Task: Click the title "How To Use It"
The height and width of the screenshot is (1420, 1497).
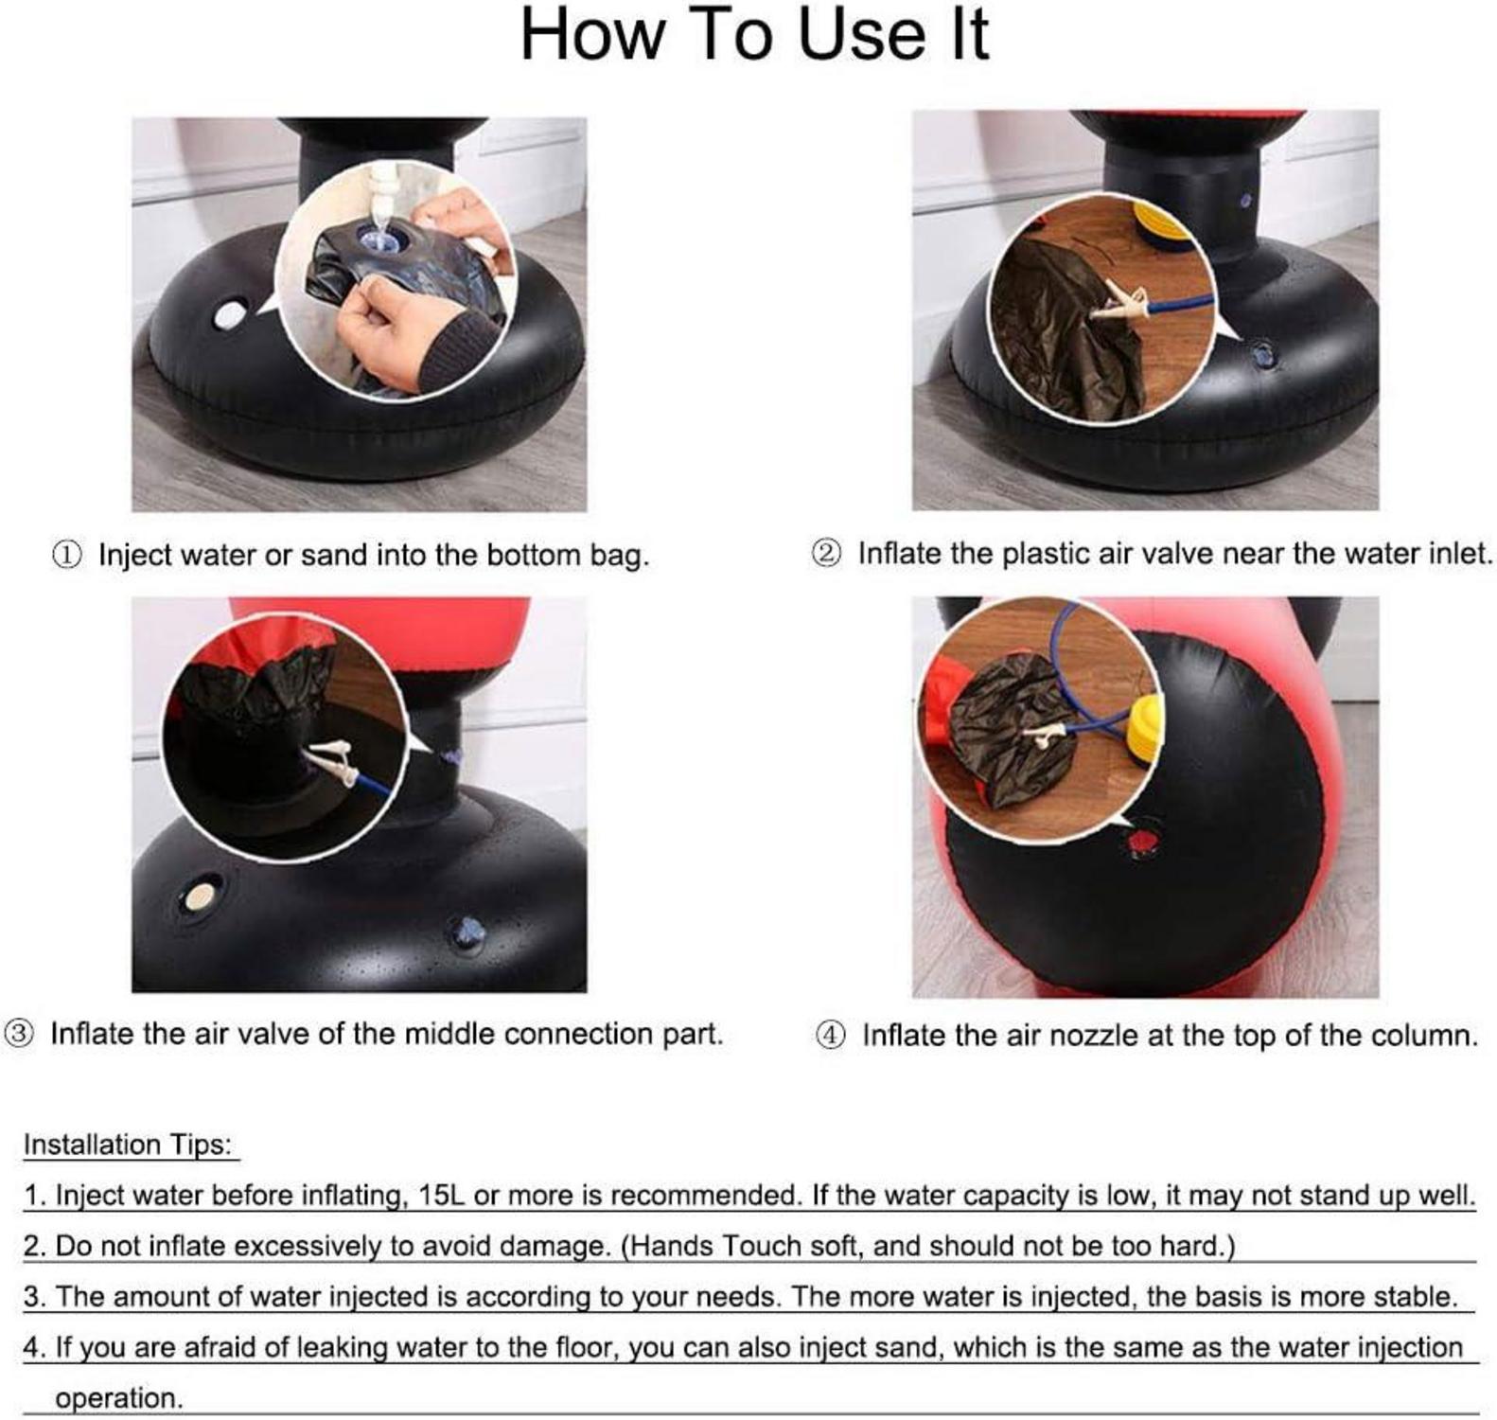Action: click(754, 35)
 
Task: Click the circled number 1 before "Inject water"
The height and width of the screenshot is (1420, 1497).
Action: click(66, 555)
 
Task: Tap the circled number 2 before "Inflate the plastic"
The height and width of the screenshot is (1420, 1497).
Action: click(826, 553)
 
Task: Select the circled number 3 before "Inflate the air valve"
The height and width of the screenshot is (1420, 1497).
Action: click(20, 1033)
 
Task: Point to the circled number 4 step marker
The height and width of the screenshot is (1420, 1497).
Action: click(830, 1035)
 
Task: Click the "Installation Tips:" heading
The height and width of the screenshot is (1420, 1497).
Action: click(128, 1145)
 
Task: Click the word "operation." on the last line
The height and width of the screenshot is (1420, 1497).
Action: click(119, 1398)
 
